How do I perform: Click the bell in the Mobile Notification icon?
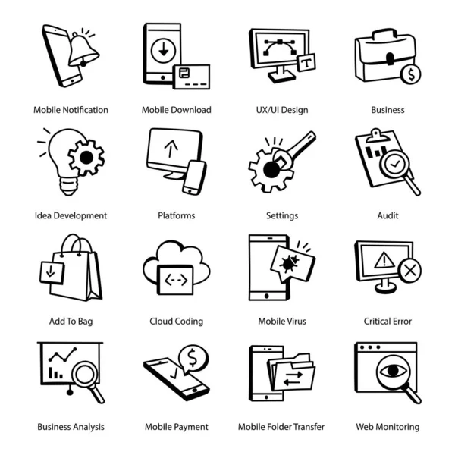(x=83, y=49)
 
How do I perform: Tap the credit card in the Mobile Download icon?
(x=191, y=77)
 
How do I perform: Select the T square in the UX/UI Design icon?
(x=306, y=62)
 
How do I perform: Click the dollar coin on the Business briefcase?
(x=410, y=74)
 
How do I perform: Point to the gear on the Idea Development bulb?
(x=86, y=158)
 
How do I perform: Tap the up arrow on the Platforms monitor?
(x=171, y=149)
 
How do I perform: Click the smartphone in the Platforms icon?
(x=194, y=177)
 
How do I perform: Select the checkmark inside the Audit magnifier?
(x=394, y=165)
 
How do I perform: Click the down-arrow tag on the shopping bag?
(x=52, y=272)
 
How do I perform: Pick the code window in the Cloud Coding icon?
(x=176, y=280)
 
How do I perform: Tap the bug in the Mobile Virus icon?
(x=289, y=263)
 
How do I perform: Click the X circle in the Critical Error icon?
(x=409, y=271)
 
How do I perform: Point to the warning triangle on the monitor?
(x=384, y=260)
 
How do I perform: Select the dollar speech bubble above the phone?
(x=193, y=359)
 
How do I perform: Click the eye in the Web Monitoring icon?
(x=393, y=371)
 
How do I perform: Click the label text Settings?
(x=282, y=216)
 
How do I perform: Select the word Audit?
(x=388, y=215)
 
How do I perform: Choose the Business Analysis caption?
(x=71, y=427)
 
